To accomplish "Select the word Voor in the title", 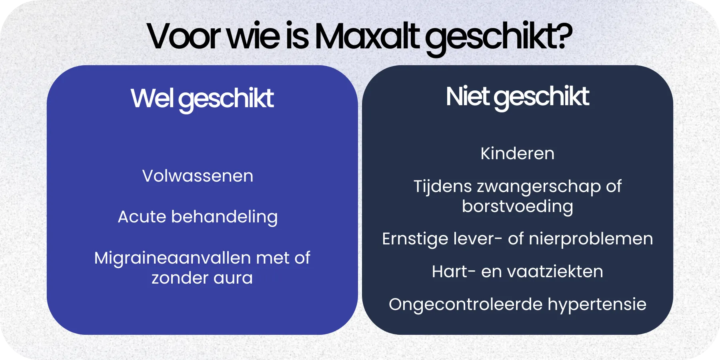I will (184, 37).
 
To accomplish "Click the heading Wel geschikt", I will (202, 98).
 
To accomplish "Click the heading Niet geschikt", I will (517, 97).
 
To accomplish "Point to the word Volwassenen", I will (198, 176).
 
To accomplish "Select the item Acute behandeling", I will (198, 217).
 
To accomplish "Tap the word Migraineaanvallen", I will (172, 258).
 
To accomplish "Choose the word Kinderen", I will (517, 154).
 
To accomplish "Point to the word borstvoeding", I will (517, 207).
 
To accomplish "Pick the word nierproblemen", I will (591, 239).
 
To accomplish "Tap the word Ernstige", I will (415, 239).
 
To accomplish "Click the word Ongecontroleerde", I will (465, 304).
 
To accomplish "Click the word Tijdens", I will (442, 187).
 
